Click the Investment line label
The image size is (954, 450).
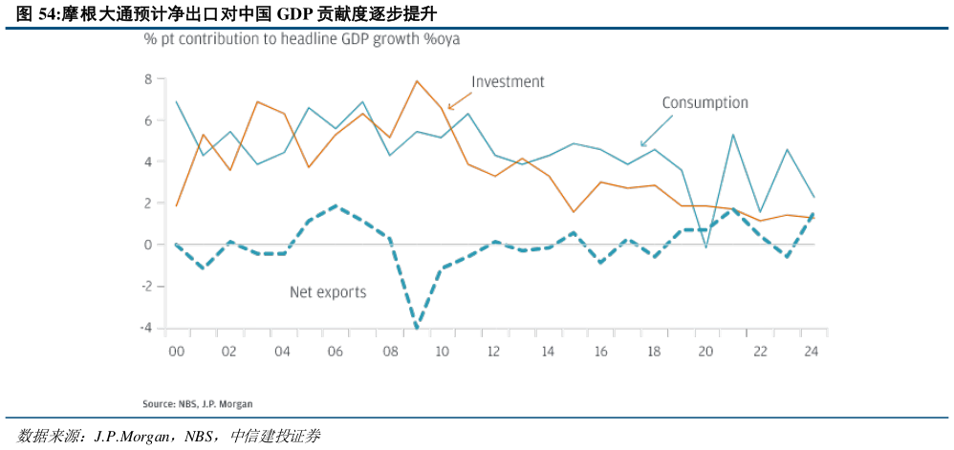click(509, 82)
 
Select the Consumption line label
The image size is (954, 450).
click(705, 102)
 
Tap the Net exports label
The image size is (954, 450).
click(328, 292)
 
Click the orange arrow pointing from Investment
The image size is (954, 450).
click(460, 96)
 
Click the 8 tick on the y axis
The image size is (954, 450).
click(148, 79)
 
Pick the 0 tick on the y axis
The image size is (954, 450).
click(148, 246)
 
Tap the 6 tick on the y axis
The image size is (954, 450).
click(148, 120)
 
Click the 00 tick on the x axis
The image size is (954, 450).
click(175, 351)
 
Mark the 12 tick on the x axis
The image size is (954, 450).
click(494, 351)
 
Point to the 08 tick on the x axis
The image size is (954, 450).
click(388, 351)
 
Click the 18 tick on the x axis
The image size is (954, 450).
click(653, 351)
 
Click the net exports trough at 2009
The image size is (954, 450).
click(417, 327)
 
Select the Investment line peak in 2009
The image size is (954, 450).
click(417, 81)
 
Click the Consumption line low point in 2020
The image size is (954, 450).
click(706, 247)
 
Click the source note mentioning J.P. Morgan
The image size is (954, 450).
click(198, 404)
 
